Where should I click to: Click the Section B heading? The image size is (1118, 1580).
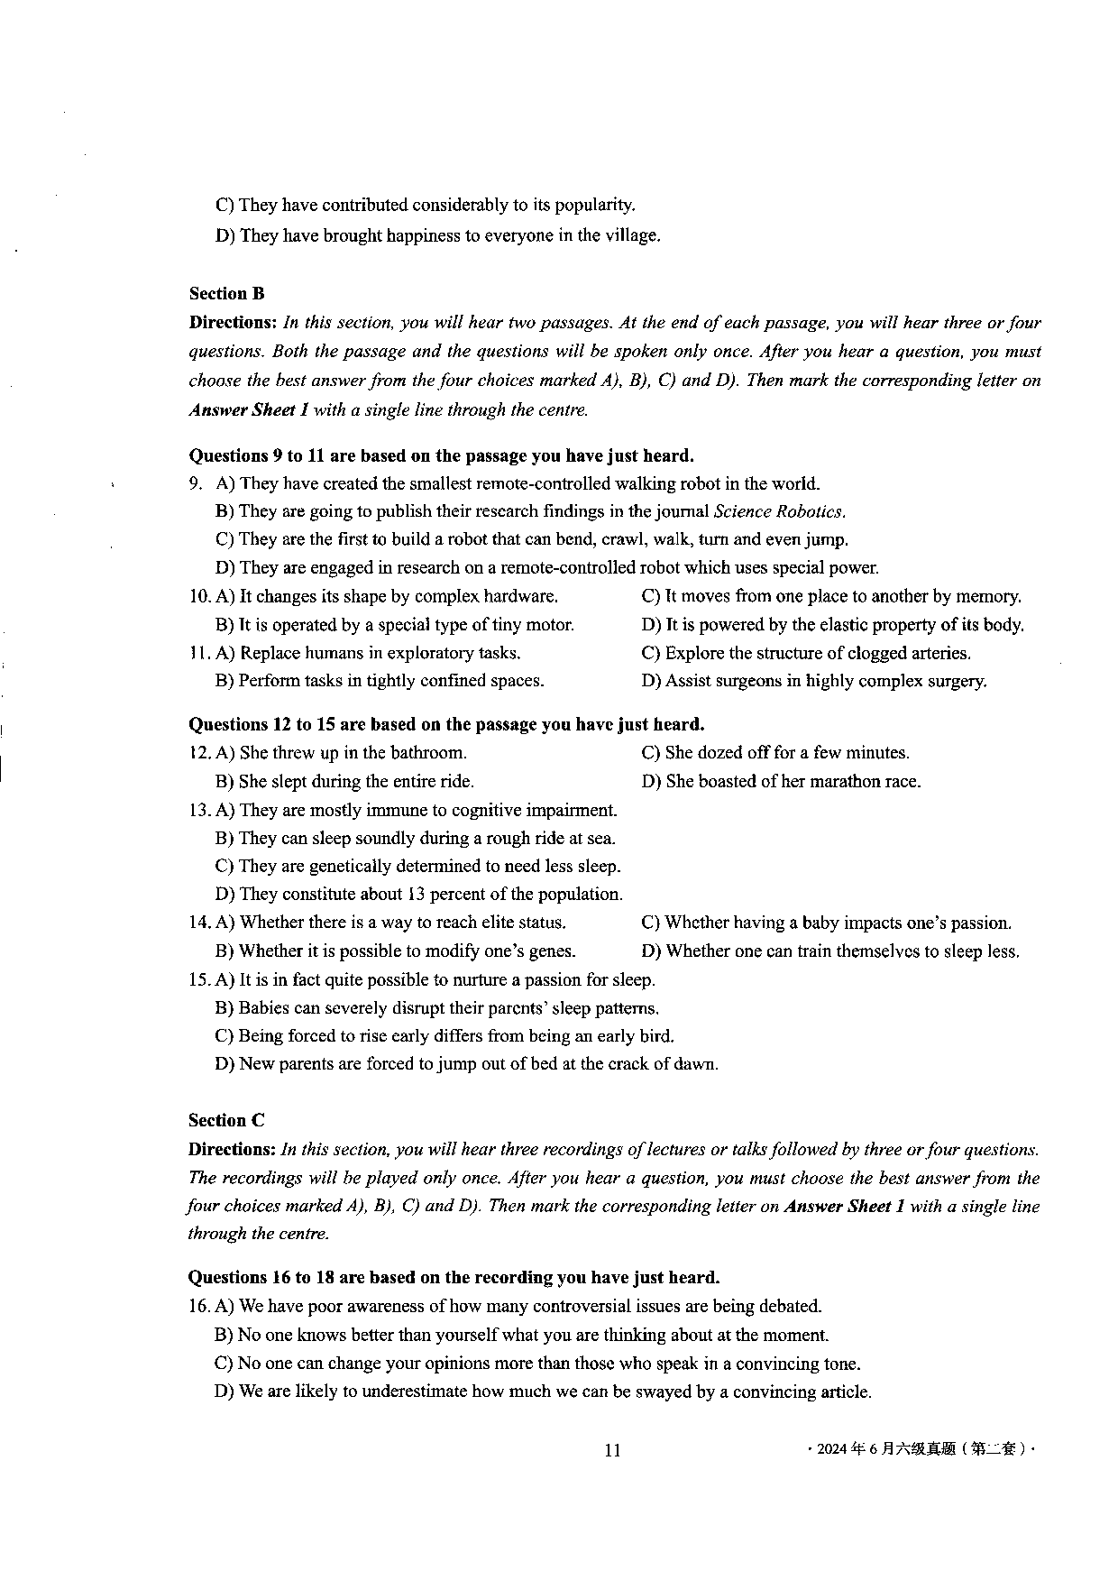226,293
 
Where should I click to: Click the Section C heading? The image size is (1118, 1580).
226,1120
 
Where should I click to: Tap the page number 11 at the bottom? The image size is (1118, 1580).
612,1450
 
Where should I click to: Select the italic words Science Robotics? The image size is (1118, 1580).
779,511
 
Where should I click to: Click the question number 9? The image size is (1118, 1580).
195,483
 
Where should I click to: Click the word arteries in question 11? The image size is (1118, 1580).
939,653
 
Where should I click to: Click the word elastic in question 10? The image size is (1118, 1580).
865,624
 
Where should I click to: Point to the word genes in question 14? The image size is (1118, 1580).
552,951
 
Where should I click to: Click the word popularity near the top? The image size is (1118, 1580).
594,205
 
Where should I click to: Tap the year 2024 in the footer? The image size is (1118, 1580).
831,1449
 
